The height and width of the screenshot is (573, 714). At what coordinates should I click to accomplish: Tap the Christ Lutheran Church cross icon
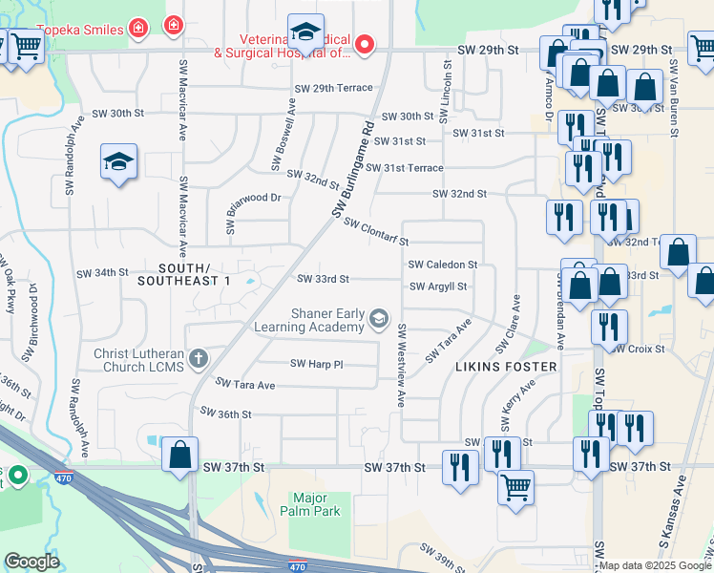pos(199,359)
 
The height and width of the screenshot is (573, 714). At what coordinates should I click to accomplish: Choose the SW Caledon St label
pos(442,264)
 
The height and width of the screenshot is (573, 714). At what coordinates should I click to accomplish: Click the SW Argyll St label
pos(439,286)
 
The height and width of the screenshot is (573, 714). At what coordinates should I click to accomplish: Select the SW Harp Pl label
pos(316,364)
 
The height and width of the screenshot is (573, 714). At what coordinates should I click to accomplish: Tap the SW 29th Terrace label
pos(333,88)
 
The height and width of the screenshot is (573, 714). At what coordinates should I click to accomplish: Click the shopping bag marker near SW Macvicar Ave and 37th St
pos(180,456)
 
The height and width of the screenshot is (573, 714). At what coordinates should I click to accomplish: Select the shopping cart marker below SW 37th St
pos(515,486)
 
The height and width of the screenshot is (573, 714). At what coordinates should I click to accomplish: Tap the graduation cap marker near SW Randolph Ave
pos(119,162)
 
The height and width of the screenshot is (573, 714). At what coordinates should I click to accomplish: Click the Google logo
pos(32,562)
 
